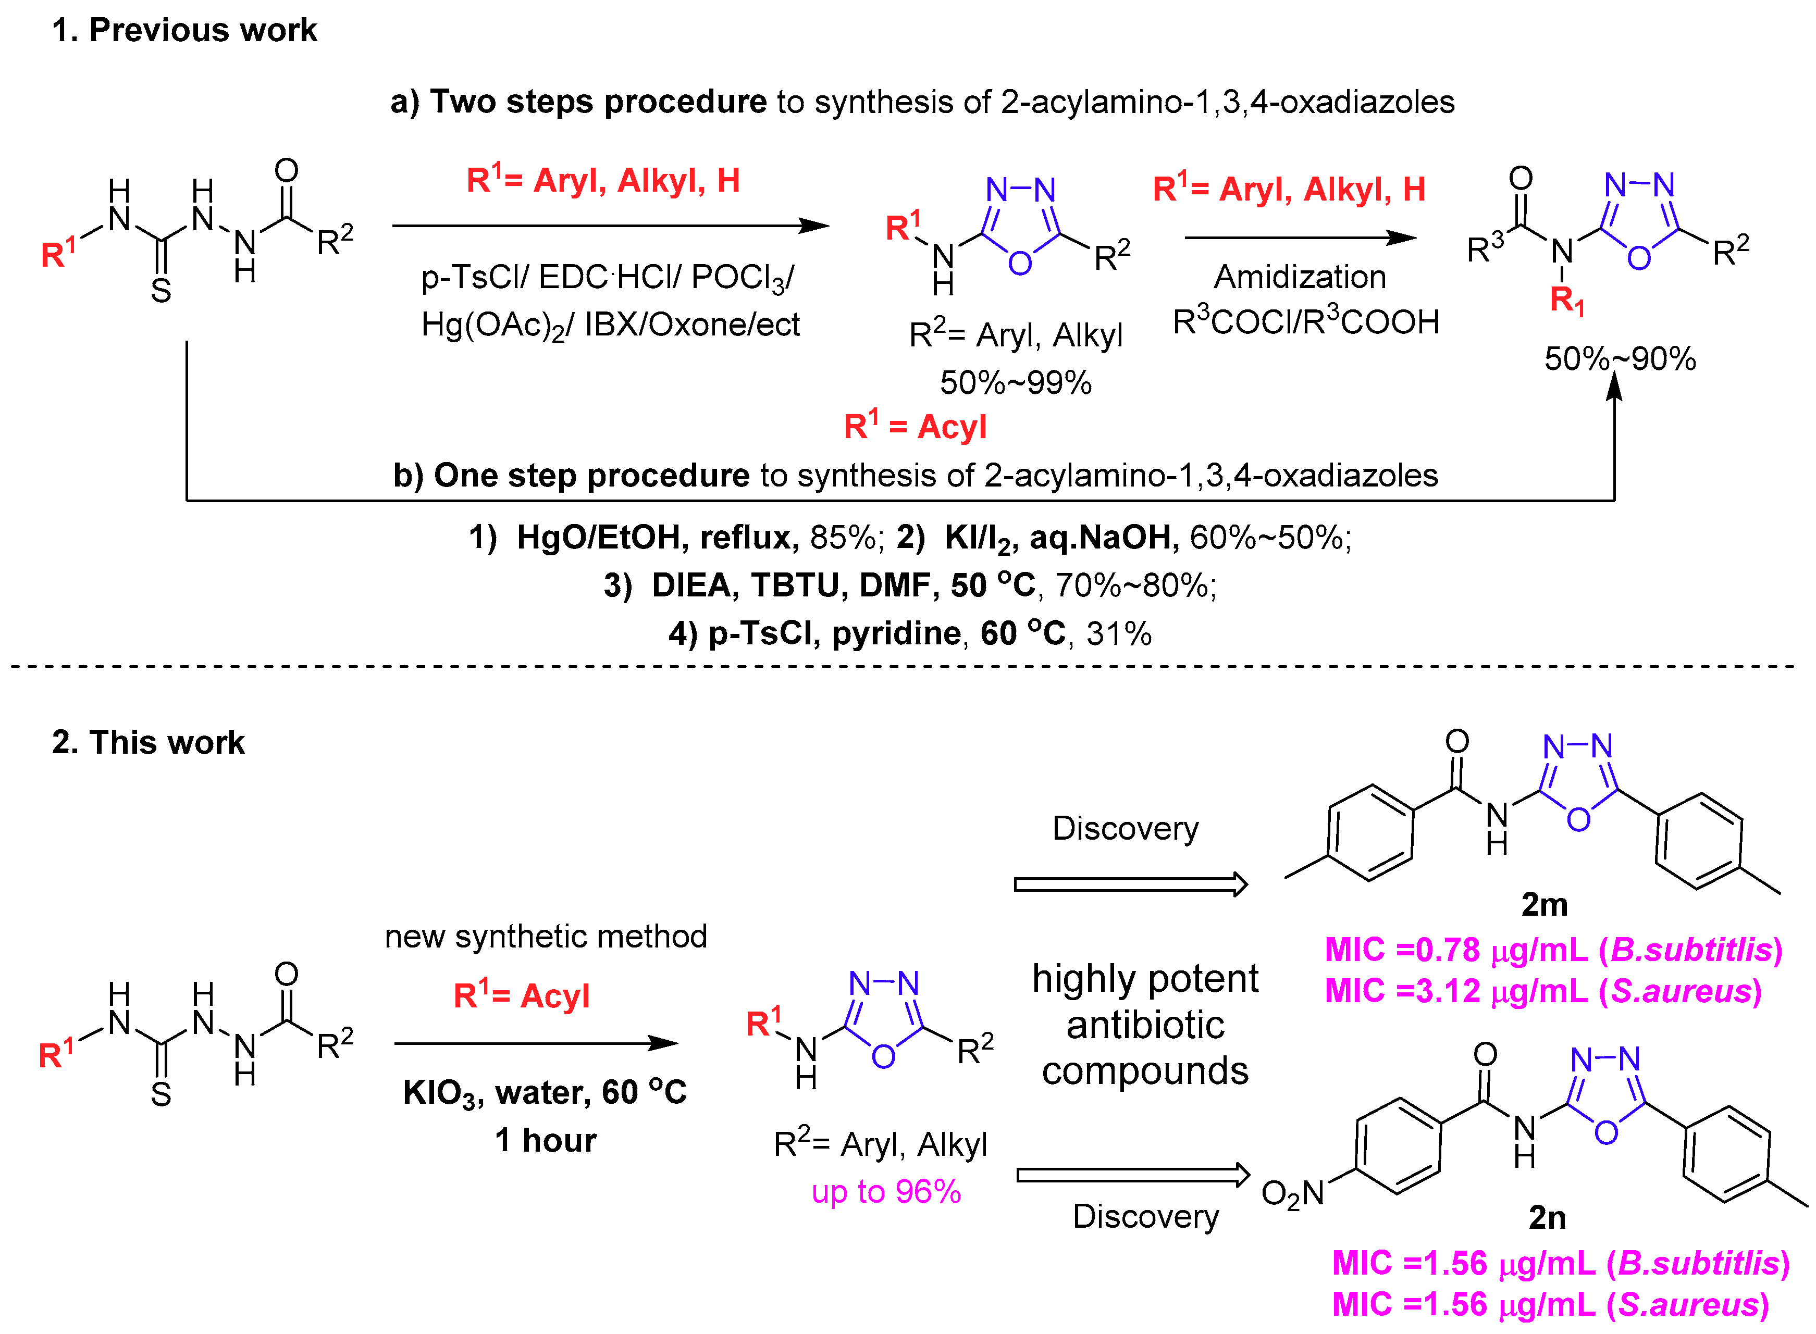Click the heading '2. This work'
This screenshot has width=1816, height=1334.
tap(148, 742)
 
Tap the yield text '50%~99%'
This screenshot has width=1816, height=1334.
tap(1016, 383)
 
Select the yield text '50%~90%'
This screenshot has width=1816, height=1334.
tap(1620, 358)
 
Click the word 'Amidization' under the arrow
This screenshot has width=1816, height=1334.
tap(1300, 277)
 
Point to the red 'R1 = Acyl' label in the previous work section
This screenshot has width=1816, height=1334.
tap(915, 427)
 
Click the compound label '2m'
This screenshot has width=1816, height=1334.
tap(1544, 904)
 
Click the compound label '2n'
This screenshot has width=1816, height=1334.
tap(1547, 1217)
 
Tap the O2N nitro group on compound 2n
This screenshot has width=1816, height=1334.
tap(1292, 1193)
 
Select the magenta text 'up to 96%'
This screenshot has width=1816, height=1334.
tap(886, 1192)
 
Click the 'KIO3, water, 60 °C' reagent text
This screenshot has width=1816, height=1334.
tap(545, 1092)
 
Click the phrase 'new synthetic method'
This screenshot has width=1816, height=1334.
tap(546, 937)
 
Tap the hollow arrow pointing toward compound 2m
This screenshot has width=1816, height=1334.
tap(1130, 884)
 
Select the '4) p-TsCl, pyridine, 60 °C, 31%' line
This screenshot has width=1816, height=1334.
tap(910, 633)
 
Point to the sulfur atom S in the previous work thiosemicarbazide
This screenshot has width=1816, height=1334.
tap(161, 291)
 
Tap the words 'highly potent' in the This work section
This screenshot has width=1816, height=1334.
tap(1145, 979)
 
